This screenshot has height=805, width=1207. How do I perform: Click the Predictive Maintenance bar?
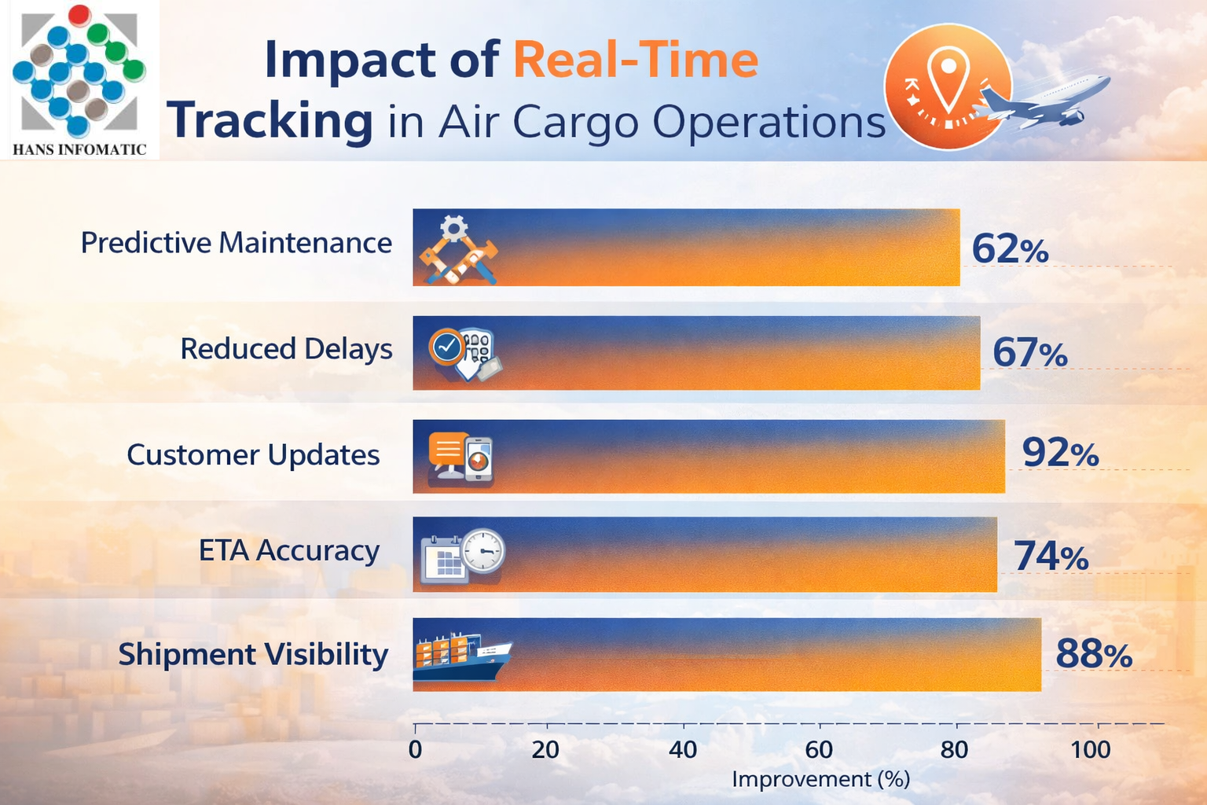pos(686,247)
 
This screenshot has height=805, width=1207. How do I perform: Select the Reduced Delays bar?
pos(696,353)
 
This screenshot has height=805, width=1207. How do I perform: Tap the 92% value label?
pos(1060,453)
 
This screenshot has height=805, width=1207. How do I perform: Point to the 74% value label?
pos(1051,556)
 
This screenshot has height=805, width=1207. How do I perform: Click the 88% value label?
pos(1094,654)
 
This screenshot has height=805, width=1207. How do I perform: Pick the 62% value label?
pos(1010,249)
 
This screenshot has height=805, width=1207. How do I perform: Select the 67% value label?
pos(1030,352)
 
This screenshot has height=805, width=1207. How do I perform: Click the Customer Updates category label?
pos(253,454)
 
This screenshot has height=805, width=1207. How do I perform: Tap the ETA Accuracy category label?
pos(288,550)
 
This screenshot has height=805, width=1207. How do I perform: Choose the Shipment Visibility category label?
pos(253,654)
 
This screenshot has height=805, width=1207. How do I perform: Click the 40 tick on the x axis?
pos(683,749)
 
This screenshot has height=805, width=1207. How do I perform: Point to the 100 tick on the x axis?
pos(1091,749)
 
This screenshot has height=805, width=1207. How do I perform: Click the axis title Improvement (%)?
pos(820,779)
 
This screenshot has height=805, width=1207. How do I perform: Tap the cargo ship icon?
pos(461,657)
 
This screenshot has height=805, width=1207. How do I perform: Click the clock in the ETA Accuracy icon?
pos(482,550)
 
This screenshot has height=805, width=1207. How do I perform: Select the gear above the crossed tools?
pos(453,229)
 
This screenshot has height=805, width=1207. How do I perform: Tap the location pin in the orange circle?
pos(948,79)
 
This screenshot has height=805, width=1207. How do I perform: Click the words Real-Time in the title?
pos(636,60)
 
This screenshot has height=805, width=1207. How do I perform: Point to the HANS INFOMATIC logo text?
pos(79,149)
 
